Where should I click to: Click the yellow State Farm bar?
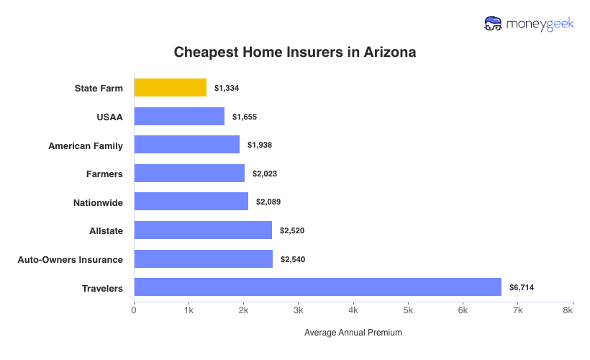(171, 88)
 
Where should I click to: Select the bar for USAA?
(179, 117)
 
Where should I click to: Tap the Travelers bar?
(317, 287)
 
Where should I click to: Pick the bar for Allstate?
(203, 230)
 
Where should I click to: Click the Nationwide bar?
(191, 202)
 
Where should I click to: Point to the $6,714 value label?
(521, 287)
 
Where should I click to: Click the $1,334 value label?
(226, 88)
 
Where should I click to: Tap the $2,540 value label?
(292, 259)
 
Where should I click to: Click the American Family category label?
(86, 145)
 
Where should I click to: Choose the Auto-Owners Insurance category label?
(70, 259)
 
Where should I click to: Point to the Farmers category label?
(104, 174)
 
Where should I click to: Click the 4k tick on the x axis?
(353, 310)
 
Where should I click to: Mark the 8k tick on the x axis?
(568, 310)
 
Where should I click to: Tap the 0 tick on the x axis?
(134, 310)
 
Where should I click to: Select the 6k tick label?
(463, 310)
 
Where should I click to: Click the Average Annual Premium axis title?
(353, 333)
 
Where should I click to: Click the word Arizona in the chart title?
(390, 53)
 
